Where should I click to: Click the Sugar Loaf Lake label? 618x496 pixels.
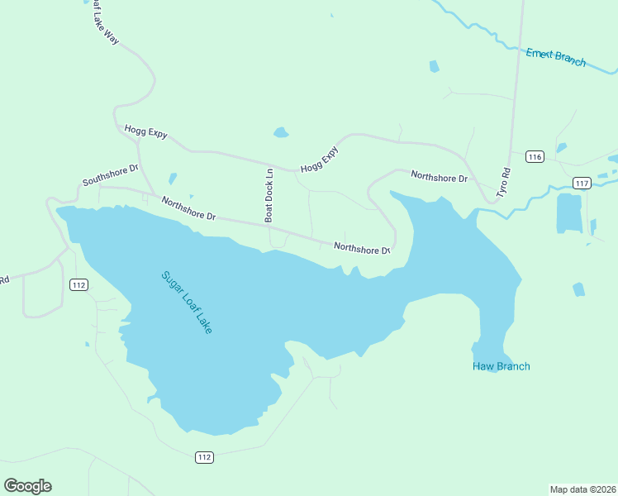click(x=187, y=302)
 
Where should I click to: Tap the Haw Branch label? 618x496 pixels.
click(x=501, y=366)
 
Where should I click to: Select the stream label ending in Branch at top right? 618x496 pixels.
click(x=556, y=58)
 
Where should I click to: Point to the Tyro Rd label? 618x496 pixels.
click(x=504, y=182)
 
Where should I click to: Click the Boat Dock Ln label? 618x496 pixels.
click(x=269, y=195)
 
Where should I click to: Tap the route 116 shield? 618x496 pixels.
click(x=535, y=157)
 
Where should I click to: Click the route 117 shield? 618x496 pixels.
click(x=582, y=183)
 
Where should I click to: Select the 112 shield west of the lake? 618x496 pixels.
click(x=78, y=285)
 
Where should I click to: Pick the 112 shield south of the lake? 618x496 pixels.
click(x=205, y=457)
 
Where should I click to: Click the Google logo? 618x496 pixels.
click(x=27, y=486)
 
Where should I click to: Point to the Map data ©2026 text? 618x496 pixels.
click(x=582, y=489)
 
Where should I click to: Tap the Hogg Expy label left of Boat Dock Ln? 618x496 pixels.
click(x=145, y=132)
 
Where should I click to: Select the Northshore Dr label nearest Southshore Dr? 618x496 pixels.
click(x=188, y=208)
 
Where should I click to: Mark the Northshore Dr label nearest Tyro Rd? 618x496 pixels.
click(x=439, y=177)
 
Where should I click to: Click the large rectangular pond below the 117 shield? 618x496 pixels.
click(x=569, y=212)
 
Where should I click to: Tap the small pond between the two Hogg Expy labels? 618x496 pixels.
click(x=281, y=132)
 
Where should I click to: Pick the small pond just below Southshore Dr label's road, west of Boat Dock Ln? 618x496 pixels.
click(x=173, y=178)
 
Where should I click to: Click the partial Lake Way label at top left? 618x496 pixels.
click(x=102, y=21)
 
